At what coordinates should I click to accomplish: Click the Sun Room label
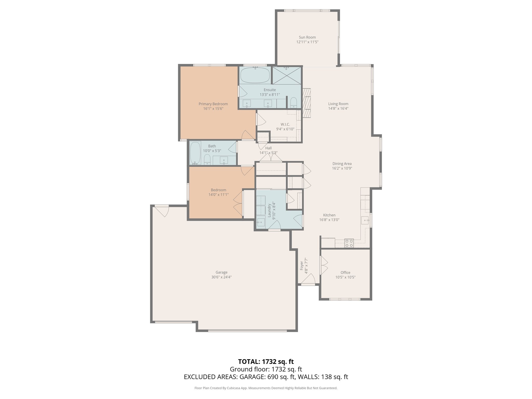click(x=307, y=37)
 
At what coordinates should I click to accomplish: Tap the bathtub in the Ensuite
click(x=255, y=75)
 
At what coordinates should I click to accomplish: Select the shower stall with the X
click(x=287, y=76)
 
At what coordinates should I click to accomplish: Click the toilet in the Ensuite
click(x=294, y=103)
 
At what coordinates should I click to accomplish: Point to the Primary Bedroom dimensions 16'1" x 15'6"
click(x=213, y=109)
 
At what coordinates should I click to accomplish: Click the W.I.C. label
click(x=285, y=124)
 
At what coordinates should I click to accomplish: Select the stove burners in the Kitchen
click(x=349, y=243)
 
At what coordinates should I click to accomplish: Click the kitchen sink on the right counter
click(x=365, y=220)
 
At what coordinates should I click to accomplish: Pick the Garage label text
click(x=221, y=272)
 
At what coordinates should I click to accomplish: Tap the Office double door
click(x=323, y=265)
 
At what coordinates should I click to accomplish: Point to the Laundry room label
click(x=269, y=210)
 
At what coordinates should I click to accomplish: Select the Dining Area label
click(x=342, y=164)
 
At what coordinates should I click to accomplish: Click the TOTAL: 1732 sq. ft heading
click(x=266, y=361)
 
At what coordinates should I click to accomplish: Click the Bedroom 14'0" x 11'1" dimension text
click(x=218, y=195)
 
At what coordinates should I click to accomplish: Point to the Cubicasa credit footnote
click(x=266, y=388)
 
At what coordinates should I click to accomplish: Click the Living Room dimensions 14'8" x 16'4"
click(x=338, y=109)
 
